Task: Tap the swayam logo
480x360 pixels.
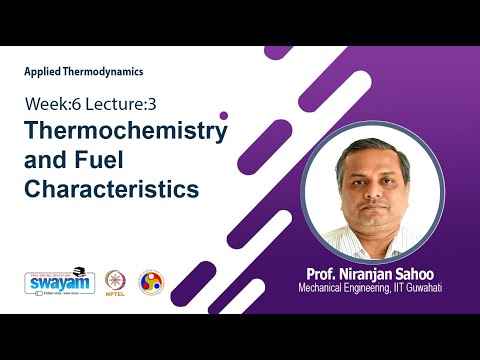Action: tap(53, 281)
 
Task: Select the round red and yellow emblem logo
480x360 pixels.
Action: tap(151, 281)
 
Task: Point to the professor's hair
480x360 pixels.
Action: tap(372, 146)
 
